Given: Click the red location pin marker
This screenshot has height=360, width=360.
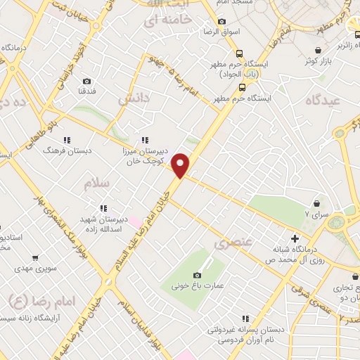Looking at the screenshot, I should [x=181, y=165].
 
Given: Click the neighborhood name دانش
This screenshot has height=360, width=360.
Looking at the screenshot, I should [x=134, y=100].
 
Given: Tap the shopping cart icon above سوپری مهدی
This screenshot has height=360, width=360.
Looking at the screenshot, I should [x=37, y=258].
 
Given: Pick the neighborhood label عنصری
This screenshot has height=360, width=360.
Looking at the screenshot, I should [x=231, y=244].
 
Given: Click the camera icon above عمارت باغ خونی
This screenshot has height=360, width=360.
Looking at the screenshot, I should [x=197, y=275].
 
